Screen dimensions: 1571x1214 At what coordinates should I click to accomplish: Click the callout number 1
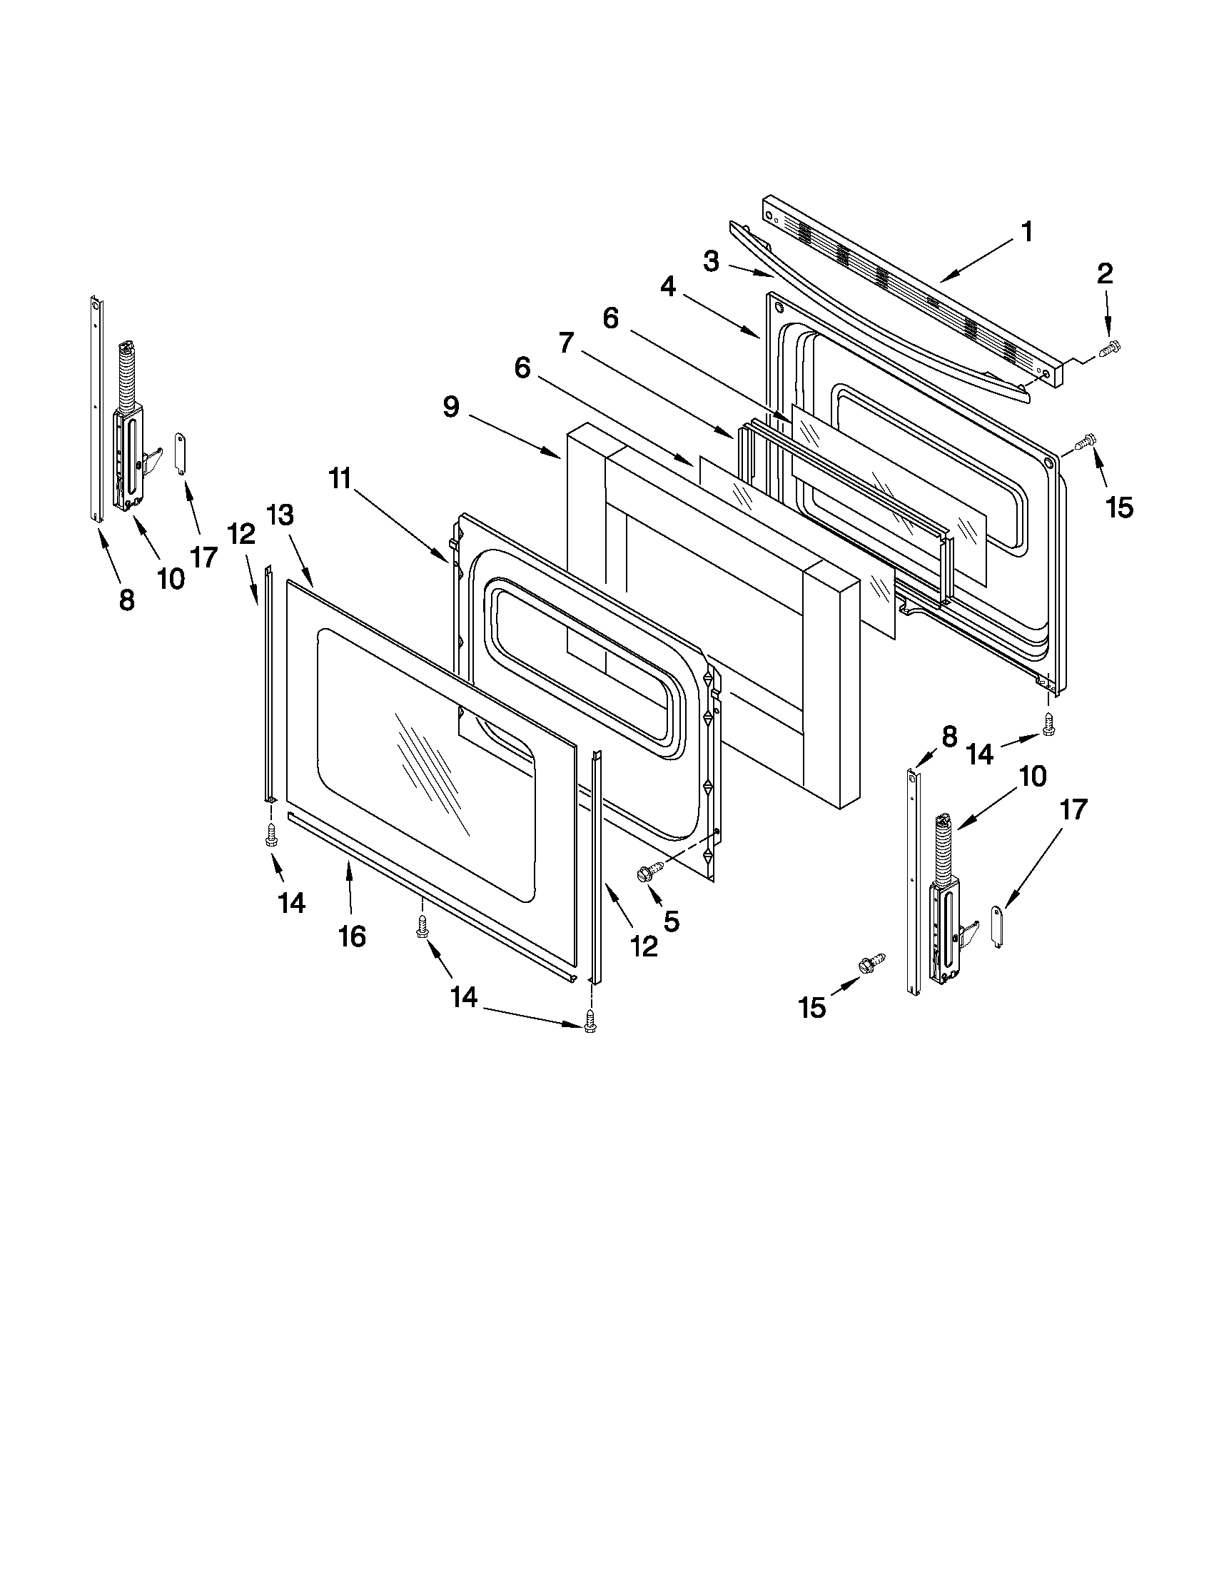tap(1027, 233)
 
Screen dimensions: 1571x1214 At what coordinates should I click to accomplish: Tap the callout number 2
tap(1105, 273)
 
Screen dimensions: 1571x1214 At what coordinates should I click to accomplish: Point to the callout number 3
tap(711, 262)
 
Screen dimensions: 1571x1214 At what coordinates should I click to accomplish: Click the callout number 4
tap(668, 287)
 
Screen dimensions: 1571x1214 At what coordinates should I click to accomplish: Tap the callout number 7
tap(566, 343)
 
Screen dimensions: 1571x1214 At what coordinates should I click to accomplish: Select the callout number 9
tap(450, 407)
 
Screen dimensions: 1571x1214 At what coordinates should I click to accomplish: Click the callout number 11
tap(341, 478)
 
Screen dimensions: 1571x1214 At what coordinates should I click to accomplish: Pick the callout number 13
tap(280, 515)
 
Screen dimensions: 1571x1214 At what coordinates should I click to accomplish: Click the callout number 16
tap(353, 936)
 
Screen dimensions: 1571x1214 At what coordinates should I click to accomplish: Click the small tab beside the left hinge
tap(181, 453)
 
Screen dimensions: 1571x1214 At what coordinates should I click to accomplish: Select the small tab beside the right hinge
tap(997, 926)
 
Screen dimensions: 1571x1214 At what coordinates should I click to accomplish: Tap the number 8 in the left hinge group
tap(126, 598)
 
